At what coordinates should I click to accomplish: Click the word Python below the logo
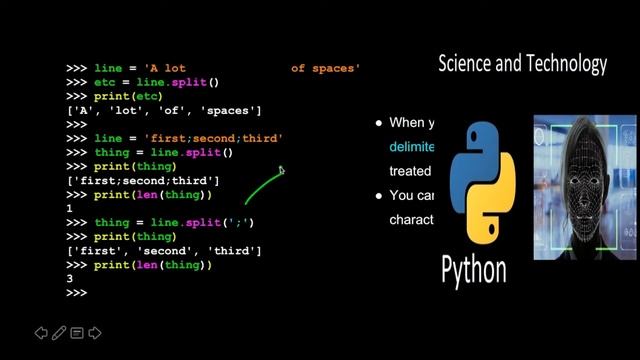tap(474, 268)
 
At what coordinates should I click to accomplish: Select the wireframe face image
tap(585, 187)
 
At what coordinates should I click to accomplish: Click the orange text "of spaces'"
tap(326, 68)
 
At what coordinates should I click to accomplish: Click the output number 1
tap(69, 208)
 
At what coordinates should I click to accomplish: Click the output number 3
tap(69, 278)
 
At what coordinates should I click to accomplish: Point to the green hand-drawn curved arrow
tap(262, 186)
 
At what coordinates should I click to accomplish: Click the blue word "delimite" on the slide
tap(412, 146)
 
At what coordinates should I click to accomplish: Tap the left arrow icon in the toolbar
tap(42, 332)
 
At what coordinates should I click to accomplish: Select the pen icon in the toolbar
tap(59, 332)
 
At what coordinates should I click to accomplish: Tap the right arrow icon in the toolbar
tap(95, 332)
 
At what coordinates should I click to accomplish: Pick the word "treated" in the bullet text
tap(410, 171)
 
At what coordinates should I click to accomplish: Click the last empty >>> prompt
tap(76, 292)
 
